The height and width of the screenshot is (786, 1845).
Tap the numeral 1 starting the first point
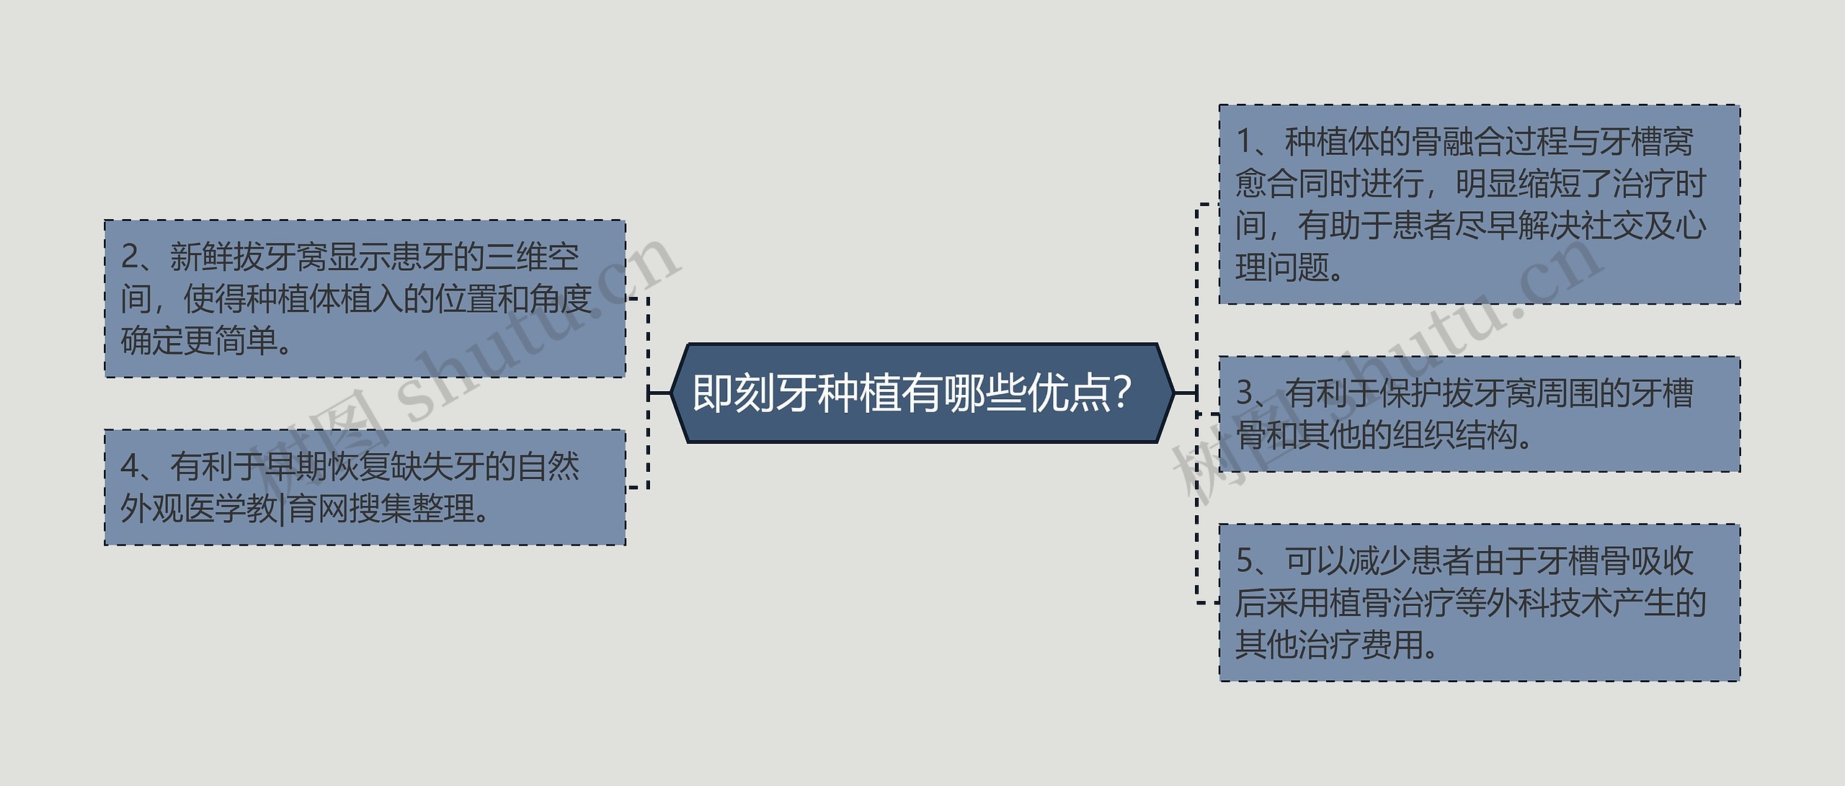[1245, 141]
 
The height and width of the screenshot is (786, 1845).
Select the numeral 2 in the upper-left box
[130, 257]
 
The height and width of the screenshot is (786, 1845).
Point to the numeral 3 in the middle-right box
[1245, 393]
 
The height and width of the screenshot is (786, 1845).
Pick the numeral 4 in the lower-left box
[130, 467]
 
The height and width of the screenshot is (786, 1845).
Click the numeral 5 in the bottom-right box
[1245, 561]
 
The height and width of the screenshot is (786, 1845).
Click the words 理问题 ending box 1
[1282, 268]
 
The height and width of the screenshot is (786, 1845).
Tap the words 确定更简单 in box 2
[198, 341]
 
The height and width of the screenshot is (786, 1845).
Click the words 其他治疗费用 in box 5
[1329, 645]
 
